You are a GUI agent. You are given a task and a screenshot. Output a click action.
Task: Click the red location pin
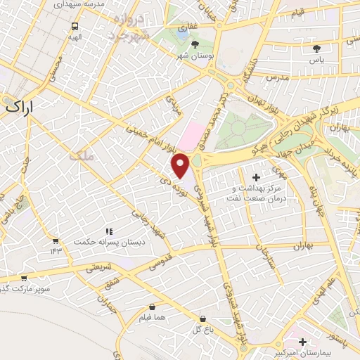[181, 166]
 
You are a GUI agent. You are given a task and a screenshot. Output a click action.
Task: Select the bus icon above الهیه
[75, 26]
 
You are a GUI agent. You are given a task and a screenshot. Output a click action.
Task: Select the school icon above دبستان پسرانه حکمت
[109, 231]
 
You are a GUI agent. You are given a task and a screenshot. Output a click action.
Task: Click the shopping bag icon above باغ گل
[202, 319]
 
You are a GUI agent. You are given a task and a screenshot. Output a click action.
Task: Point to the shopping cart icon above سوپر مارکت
[24, 278]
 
